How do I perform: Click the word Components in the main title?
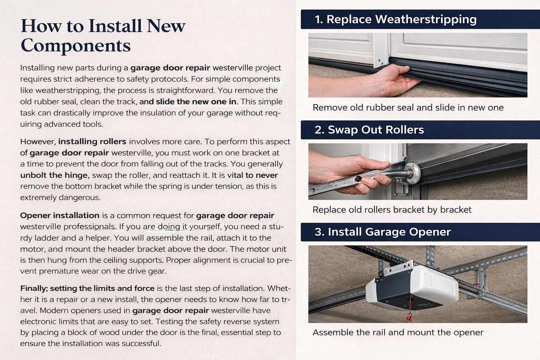click(76, 46)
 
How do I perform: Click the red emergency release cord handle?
click(409, 319)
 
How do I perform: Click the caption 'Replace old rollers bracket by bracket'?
click(392, 210)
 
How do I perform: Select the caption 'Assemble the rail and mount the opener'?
click(398, 333)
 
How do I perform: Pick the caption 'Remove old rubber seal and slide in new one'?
click(408, 108)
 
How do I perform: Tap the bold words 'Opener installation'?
click(60, 216)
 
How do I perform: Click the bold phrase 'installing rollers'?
click(92, 141)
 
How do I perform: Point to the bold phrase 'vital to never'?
click(252, 175)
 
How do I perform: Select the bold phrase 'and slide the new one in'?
click(188, 102)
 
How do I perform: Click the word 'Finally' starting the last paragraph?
click(34, 288)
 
